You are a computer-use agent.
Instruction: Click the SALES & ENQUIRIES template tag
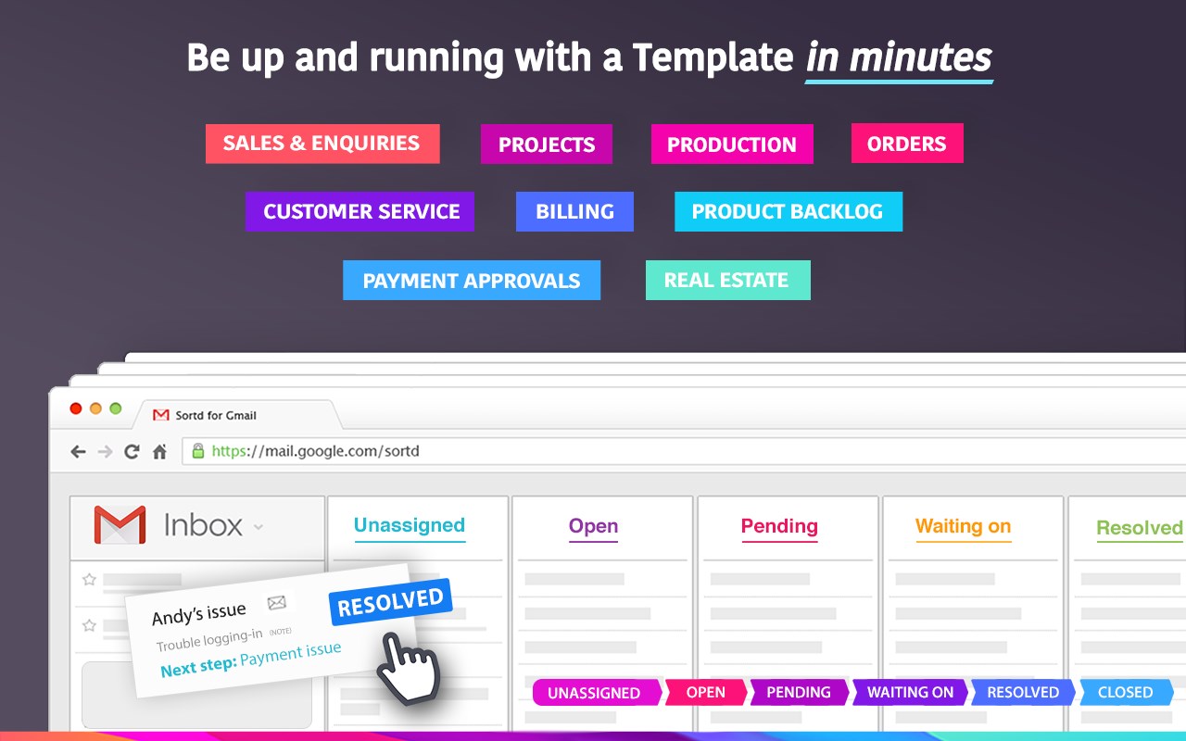point(322,144)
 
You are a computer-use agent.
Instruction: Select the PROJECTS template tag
point(547,144)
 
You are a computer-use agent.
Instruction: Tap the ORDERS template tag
point(907,143)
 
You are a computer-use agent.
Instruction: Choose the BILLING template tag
point(574,211)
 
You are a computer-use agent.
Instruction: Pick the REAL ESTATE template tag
point(727,280)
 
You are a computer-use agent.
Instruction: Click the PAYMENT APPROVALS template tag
point(472,280)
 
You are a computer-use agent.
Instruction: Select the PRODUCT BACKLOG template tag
point(789,211)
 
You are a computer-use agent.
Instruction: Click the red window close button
point(76,408)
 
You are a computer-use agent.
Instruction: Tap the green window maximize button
point(116,408)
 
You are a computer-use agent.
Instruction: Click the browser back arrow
point(79,451)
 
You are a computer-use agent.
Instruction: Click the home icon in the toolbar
point(160,451)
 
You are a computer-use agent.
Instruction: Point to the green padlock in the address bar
point(198,451)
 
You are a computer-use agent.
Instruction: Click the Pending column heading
point(779,526)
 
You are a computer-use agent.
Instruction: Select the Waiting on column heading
point(963,526)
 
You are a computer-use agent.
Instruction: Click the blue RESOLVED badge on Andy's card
point(391,602)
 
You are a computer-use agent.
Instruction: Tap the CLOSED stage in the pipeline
point(1126,692)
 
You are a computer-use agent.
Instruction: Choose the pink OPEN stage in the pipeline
point(706,692)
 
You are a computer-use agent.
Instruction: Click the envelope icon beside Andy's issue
point(276,602)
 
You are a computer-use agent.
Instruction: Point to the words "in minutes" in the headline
point(899,57)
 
